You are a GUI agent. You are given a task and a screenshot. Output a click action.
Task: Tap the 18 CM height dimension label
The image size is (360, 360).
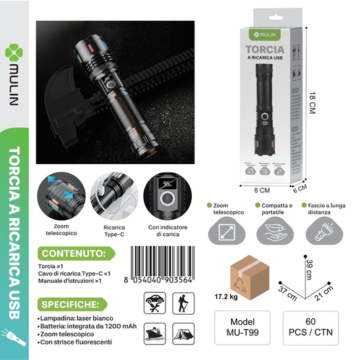tap(312, 103)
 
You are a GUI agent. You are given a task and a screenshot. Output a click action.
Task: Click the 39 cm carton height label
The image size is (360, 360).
tap(309, 268)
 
